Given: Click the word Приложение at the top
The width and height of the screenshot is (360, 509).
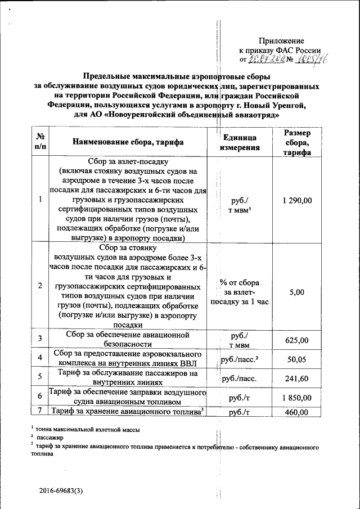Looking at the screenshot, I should pos(281,41).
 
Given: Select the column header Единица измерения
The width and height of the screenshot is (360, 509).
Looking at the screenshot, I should pos(240,143).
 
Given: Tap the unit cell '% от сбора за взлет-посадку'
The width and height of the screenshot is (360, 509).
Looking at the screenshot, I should pos(240,292).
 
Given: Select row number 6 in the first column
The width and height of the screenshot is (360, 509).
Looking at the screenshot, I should pos(40,397).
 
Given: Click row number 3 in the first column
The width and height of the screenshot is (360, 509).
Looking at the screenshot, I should pos(40,339).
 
